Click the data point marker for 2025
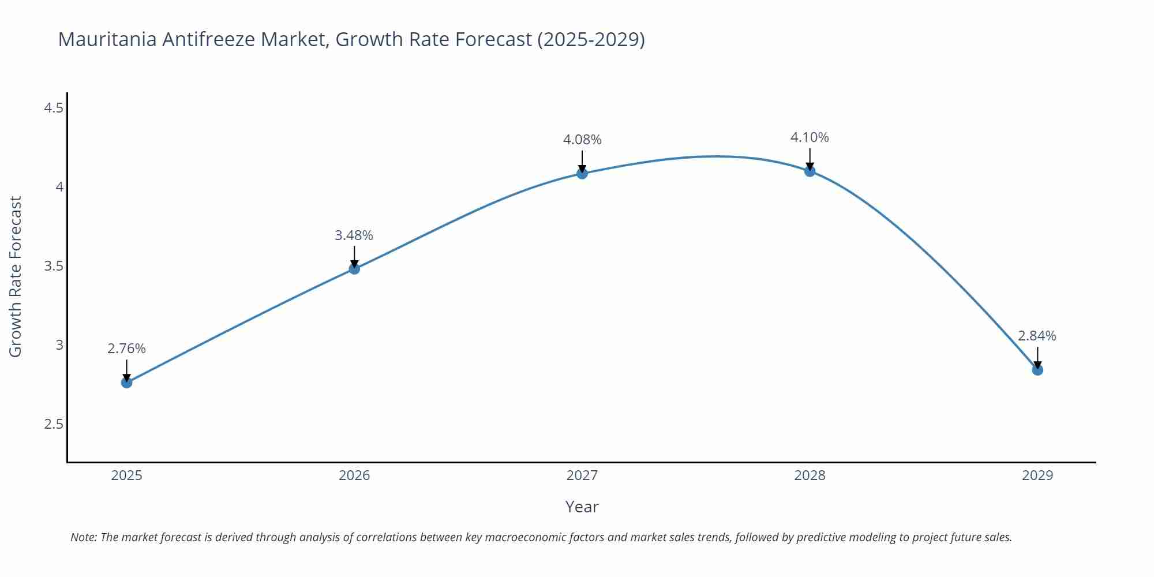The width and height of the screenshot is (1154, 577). coord(127,382)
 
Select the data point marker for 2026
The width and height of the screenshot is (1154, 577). coord(354,268)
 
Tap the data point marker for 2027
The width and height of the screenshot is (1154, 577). coord(582,173)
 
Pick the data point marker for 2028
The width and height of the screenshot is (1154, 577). coord(810,171)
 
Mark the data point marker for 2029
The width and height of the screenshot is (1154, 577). coord(1037,370)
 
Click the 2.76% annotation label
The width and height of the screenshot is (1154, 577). coord(127,349)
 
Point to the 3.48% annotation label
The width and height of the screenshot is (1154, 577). coord(354,235)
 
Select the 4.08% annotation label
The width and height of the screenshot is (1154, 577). coord(582,140)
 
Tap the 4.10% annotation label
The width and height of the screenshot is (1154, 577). coord(810,137)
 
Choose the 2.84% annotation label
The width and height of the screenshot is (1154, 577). coord(1037,336)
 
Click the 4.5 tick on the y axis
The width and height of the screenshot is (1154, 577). coord(54,108)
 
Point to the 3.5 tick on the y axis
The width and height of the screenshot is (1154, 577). coord(54,266)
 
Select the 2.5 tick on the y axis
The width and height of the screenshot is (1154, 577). coord(54,424)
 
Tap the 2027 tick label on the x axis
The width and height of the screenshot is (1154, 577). coord(582,475)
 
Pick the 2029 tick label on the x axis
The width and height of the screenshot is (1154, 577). coord(1037,475)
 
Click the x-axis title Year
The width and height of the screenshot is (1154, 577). coord(582,507)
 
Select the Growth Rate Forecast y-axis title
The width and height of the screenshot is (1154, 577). coord(16,276)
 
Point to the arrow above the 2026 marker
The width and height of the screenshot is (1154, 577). coord(354,256)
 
